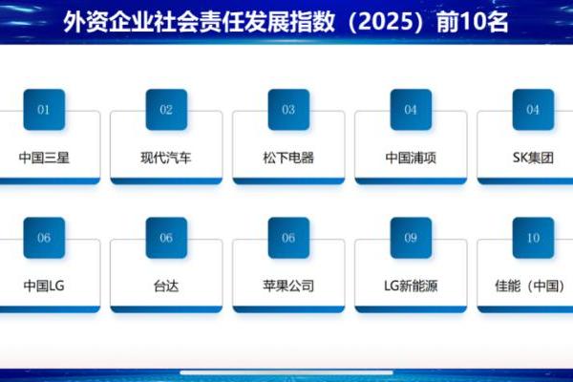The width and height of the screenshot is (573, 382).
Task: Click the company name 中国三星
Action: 44,158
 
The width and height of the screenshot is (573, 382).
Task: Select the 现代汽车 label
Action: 166,158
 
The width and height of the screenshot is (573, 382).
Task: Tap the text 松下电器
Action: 288,158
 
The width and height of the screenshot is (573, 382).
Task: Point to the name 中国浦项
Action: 411,158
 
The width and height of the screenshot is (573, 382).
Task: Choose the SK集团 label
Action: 533,158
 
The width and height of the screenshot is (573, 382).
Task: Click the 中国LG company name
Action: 44,285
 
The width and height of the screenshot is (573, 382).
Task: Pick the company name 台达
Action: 166,285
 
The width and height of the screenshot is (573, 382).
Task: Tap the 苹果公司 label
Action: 288,285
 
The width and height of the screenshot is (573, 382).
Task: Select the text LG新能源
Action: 411,285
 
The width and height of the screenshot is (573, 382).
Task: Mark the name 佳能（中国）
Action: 533,285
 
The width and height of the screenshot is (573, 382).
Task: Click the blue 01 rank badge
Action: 44,110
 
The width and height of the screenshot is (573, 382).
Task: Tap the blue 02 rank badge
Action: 166,110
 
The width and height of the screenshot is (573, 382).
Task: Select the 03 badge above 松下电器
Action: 288,110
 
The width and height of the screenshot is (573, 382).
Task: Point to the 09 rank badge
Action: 411,238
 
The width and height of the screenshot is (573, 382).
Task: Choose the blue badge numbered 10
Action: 533,238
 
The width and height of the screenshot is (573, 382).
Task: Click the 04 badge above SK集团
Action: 533,110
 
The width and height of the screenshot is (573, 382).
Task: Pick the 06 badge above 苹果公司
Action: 288,238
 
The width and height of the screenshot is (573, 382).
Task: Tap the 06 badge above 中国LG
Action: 44,238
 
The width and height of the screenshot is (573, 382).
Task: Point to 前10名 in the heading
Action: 476,21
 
